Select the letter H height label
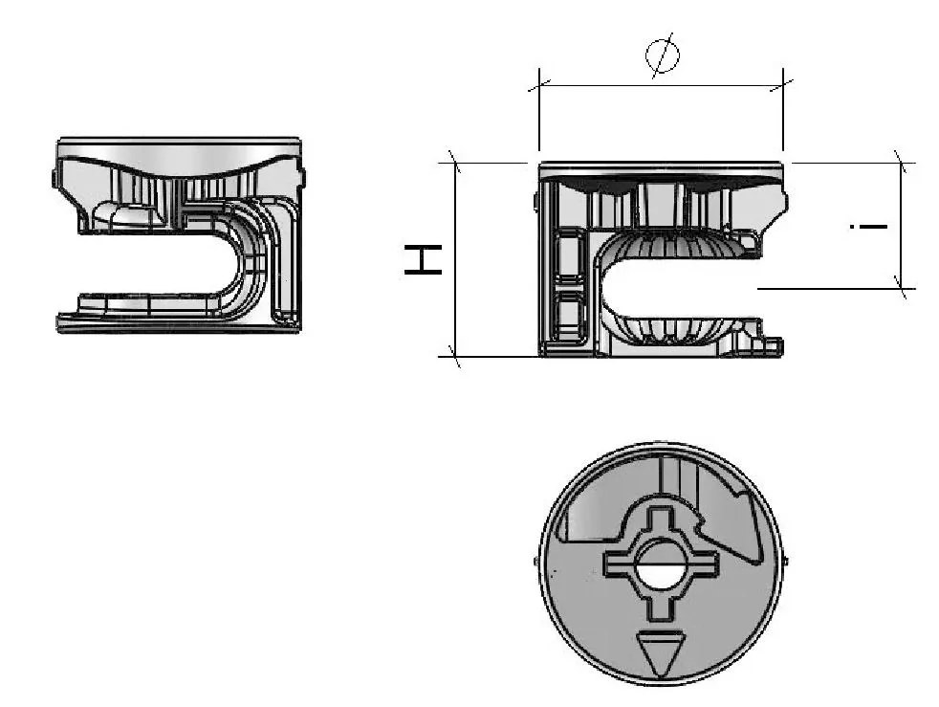423,259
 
